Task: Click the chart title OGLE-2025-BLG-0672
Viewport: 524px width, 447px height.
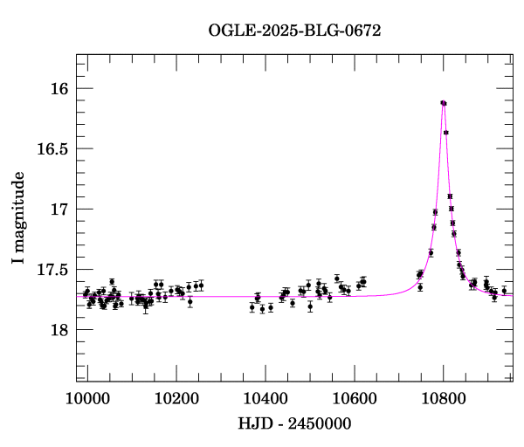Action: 294,30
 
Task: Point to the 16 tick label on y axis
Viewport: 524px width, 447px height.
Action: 59,89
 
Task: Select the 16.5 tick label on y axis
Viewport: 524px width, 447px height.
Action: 52,149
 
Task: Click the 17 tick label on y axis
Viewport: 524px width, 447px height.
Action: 59,210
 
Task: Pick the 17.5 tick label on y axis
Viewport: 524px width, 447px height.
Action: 52,270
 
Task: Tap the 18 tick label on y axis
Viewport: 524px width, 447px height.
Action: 59,330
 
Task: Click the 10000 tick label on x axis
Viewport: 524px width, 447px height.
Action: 87,398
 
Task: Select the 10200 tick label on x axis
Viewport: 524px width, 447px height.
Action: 176,398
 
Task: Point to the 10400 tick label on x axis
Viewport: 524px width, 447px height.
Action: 265,398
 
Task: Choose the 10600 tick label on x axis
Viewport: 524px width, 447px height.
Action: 355,398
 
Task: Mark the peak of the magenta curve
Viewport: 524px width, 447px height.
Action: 444,102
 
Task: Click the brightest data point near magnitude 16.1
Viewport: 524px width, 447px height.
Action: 443,103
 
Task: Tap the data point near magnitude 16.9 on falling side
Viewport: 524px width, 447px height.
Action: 450,196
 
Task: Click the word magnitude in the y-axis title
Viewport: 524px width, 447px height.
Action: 17,206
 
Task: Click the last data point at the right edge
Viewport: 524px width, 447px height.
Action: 504,291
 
